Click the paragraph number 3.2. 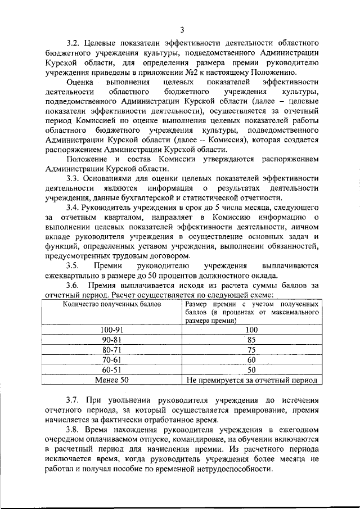tap(73, 43)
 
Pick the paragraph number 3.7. tap(73, 400)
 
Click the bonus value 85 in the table tap(252, 340)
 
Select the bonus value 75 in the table tap(252, 350)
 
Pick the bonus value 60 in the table tap(252, 360)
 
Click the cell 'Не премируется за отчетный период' tap(252, 380)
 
